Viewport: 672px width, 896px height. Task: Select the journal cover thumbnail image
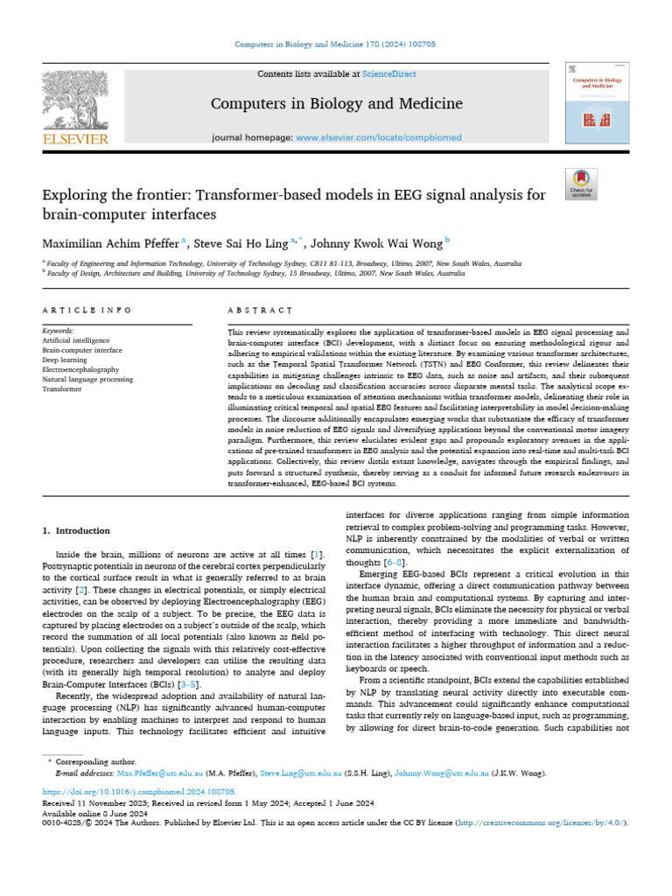point(598,103)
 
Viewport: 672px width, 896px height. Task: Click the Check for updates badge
point(581,181)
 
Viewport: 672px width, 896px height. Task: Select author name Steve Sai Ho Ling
point(240,241)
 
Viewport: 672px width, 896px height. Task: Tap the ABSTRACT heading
point(259,310)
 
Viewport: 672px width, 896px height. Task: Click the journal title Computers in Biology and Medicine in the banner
point(336,104)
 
